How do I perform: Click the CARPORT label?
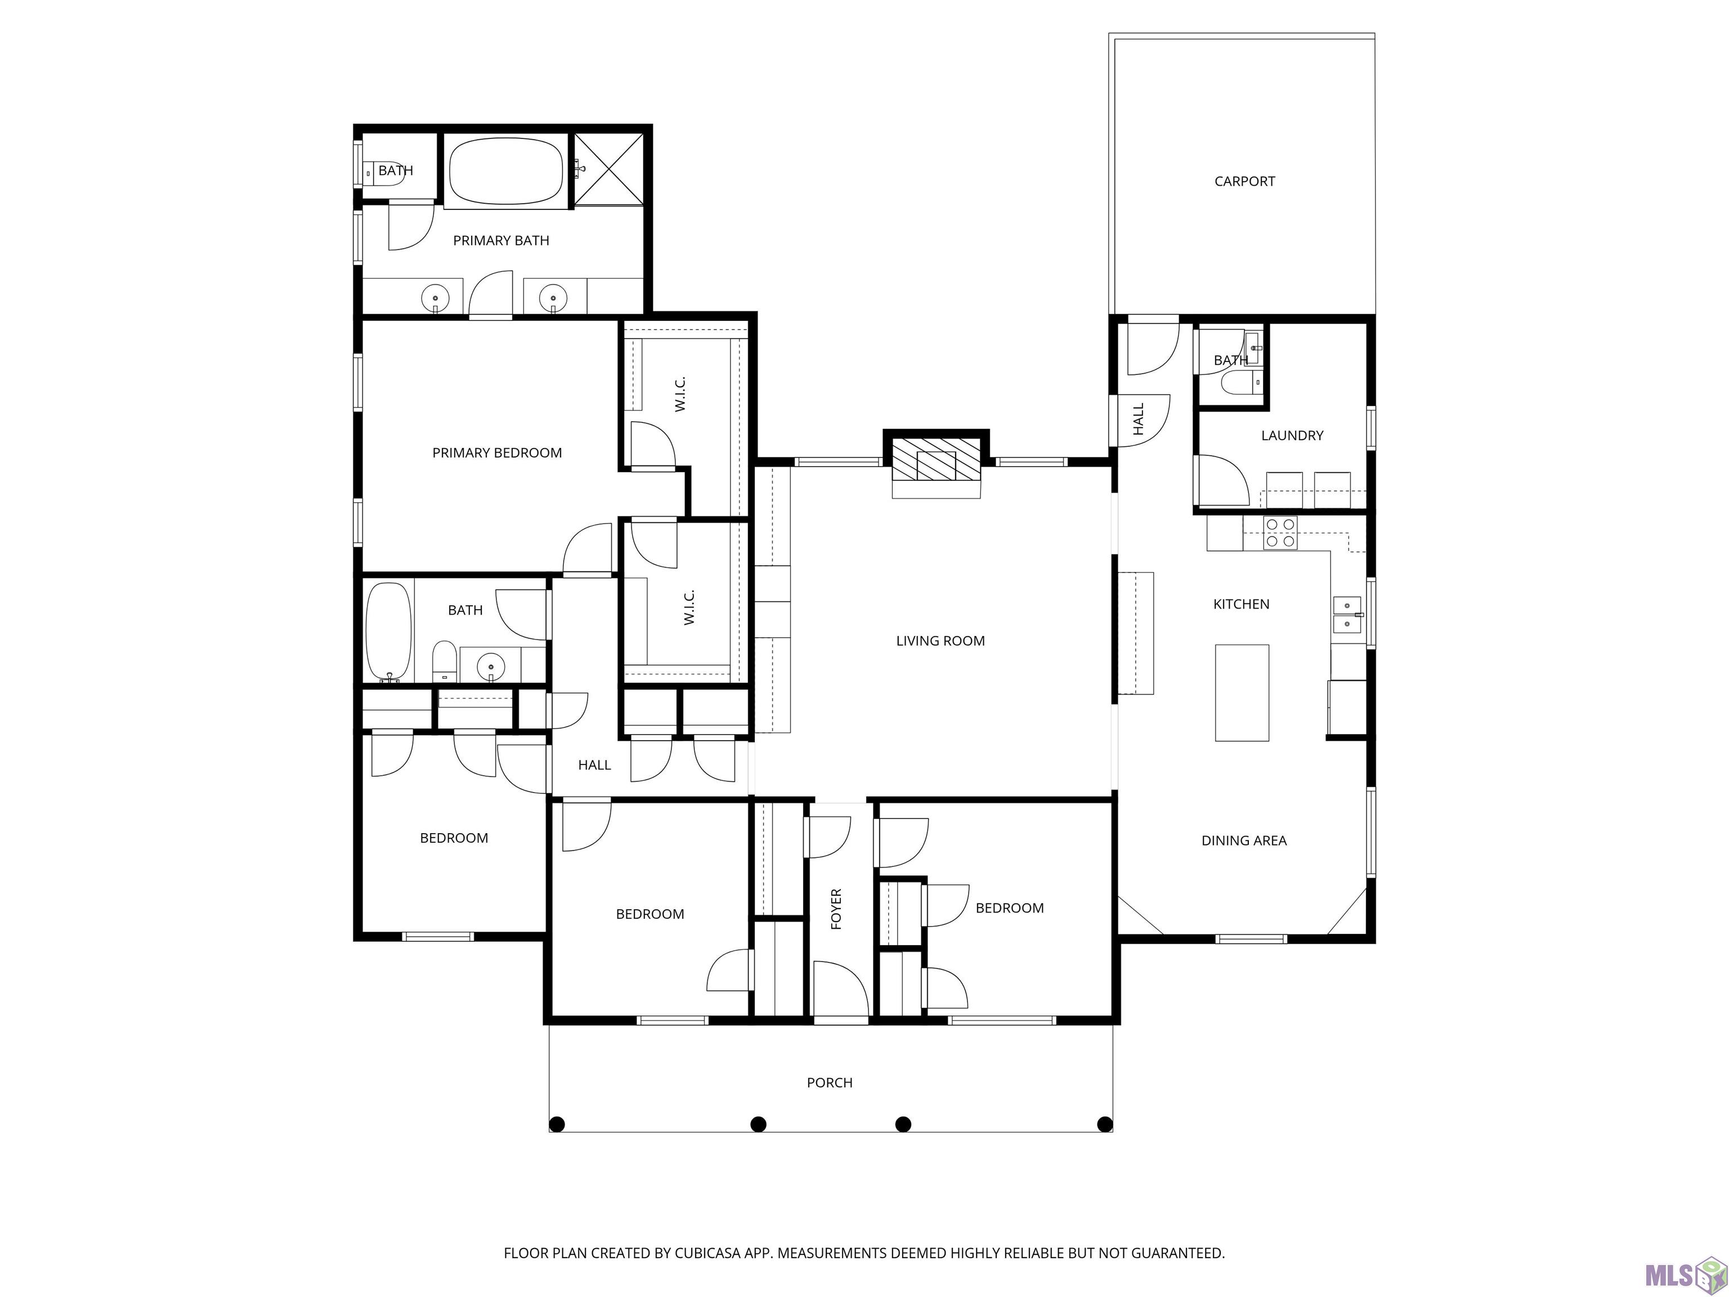pyautogui.click(x=1244, y=181)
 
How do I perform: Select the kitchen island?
pyautogui.click(x=1241, y=692)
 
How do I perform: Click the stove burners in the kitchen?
pyautogui.click(x=1280, y=533)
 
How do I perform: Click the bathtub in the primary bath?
pyautogui.click(x=506, y=171)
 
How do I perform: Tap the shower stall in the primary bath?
pyautogui.click(x=609, y=169)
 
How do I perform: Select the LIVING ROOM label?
pyautogui.click(x=940, y=641)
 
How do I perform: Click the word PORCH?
pyautogui.click(x=830, y=1083)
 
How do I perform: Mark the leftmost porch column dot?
pyautogui.click(x=557, y=1124)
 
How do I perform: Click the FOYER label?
pyautogui.click(x=836, y=909)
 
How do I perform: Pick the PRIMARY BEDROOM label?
pyautogui.click(x=497, y=453)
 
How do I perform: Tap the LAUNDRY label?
pyautogui.click(x=1292, y=436)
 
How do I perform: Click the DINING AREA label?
pyautogui.click(x=1244, y=840)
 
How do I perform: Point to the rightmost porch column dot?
pyautogui.click(x=1104, y=1124)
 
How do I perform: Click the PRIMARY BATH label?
pyautogui.click(x=501, y=241)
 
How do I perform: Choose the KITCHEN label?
pyautogui.click(x=1241, y=605)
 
